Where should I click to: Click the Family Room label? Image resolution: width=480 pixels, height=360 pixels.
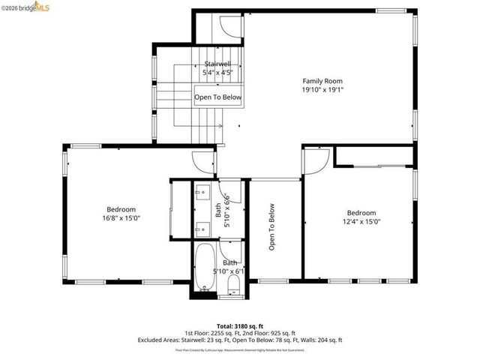[323, 80]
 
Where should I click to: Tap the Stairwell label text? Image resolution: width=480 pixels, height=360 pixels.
[217, 64]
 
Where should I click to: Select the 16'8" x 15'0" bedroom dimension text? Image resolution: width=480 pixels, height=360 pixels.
[121, 218]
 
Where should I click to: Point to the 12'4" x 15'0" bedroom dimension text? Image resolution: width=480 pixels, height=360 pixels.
[361, 221]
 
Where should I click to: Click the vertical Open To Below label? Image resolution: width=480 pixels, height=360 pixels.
[272, 227]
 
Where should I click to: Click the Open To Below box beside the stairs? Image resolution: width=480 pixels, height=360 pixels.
[218, 97]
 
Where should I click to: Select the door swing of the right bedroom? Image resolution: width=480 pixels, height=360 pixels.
[316, 158]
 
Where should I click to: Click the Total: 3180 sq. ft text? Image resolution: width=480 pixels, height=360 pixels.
[239, 324]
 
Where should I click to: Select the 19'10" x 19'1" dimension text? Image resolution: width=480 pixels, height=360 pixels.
[323, 89]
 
